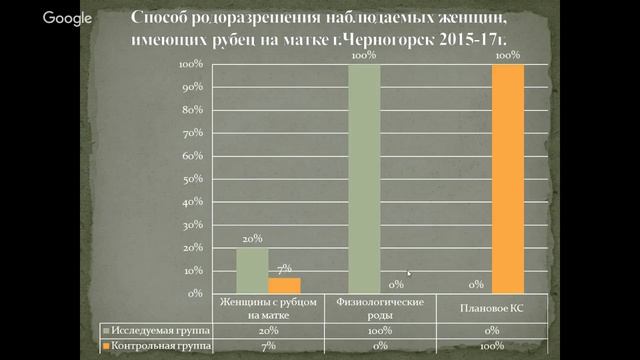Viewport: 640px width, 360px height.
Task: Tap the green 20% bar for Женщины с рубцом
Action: pos(251,270)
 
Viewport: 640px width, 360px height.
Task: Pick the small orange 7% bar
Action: pos(284,285)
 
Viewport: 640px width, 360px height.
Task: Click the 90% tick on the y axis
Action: pos(192,86)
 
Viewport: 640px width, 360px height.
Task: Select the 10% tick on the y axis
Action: pos(192,270)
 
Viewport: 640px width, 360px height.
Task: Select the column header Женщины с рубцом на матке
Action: pos(268,307)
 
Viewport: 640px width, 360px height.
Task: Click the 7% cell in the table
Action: pos(268,344)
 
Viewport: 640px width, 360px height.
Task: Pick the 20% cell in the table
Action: pos(268,328)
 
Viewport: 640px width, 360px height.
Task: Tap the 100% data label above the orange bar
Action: pos(508,56)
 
